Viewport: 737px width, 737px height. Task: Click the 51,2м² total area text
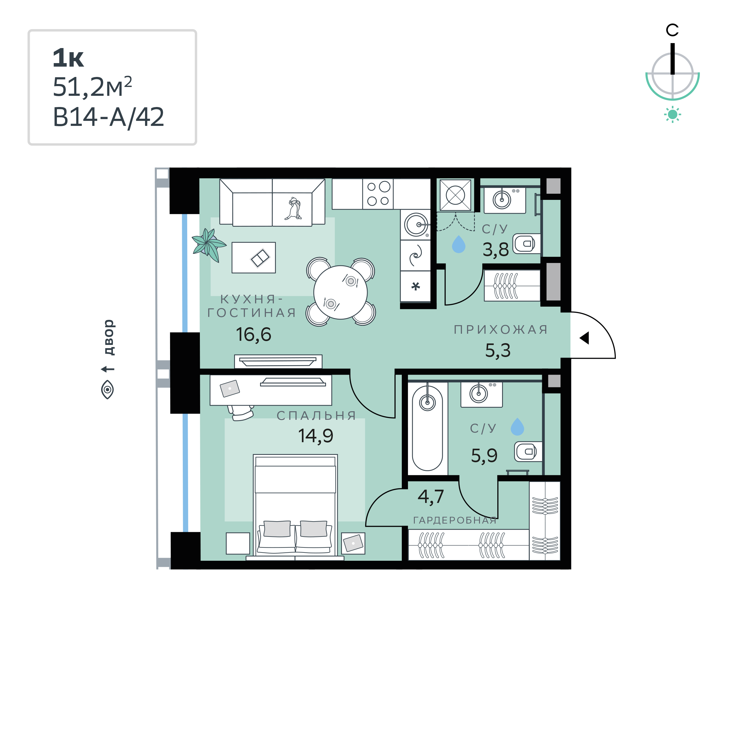pyautogui.click(x=92, y=87)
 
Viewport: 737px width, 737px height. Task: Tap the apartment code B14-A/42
pyautogui.click(x=108, y=117)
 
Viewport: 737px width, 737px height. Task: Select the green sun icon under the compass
pyautogui.click(x=672, y=114)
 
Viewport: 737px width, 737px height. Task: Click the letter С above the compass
pyautogui.click(x=672, y=30)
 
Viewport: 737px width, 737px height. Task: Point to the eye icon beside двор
pyautogui.click(x=108, y=389)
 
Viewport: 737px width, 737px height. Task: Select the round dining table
pyautogui.click(x=340, y=292)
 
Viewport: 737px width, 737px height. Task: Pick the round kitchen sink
pyautogui.click(x=416, y=225)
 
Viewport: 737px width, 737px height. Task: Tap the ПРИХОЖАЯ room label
pyautogui.click(x=501, y=329)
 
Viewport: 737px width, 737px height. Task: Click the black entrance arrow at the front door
pyautogui.click(x=584, y=338)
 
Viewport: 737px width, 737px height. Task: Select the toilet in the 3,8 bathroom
pyautogui.click(x=527, y=244)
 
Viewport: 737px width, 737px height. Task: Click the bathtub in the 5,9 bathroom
pyautogui.click(x=427, y=428)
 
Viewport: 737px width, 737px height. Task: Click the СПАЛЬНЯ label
pyautogui.click(x=316, y=415)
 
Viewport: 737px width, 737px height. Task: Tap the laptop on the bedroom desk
pyautogui.click(x=230, y=388)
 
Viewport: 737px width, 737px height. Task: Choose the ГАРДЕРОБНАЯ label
pyautogui.click(x=455, y=520)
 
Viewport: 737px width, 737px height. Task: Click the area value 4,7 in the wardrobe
pyautogui.click(x=431, y=497)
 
